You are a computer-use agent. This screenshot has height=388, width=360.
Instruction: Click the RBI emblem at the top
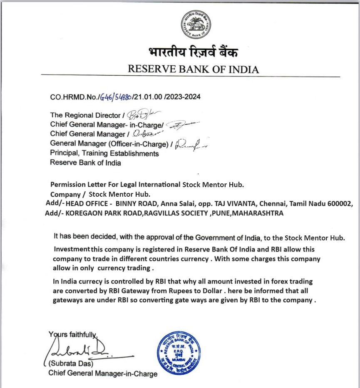(196, 25)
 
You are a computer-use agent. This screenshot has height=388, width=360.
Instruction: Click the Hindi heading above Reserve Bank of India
(193, 53)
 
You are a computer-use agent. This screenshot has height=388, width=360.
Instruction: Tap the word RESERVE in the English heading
(148, 69)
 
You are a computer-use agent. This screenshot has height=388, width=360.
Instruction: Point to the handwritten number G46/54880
(115, 97)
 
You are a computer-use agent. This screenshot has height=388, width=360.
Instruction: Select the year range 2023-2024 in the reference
(184, 97)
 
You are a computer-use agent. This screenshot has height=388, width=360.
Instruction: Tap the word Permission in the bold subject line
(68, 184)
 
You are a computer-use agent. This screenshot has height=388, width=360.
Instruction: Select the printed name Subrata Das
(71, 364)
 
